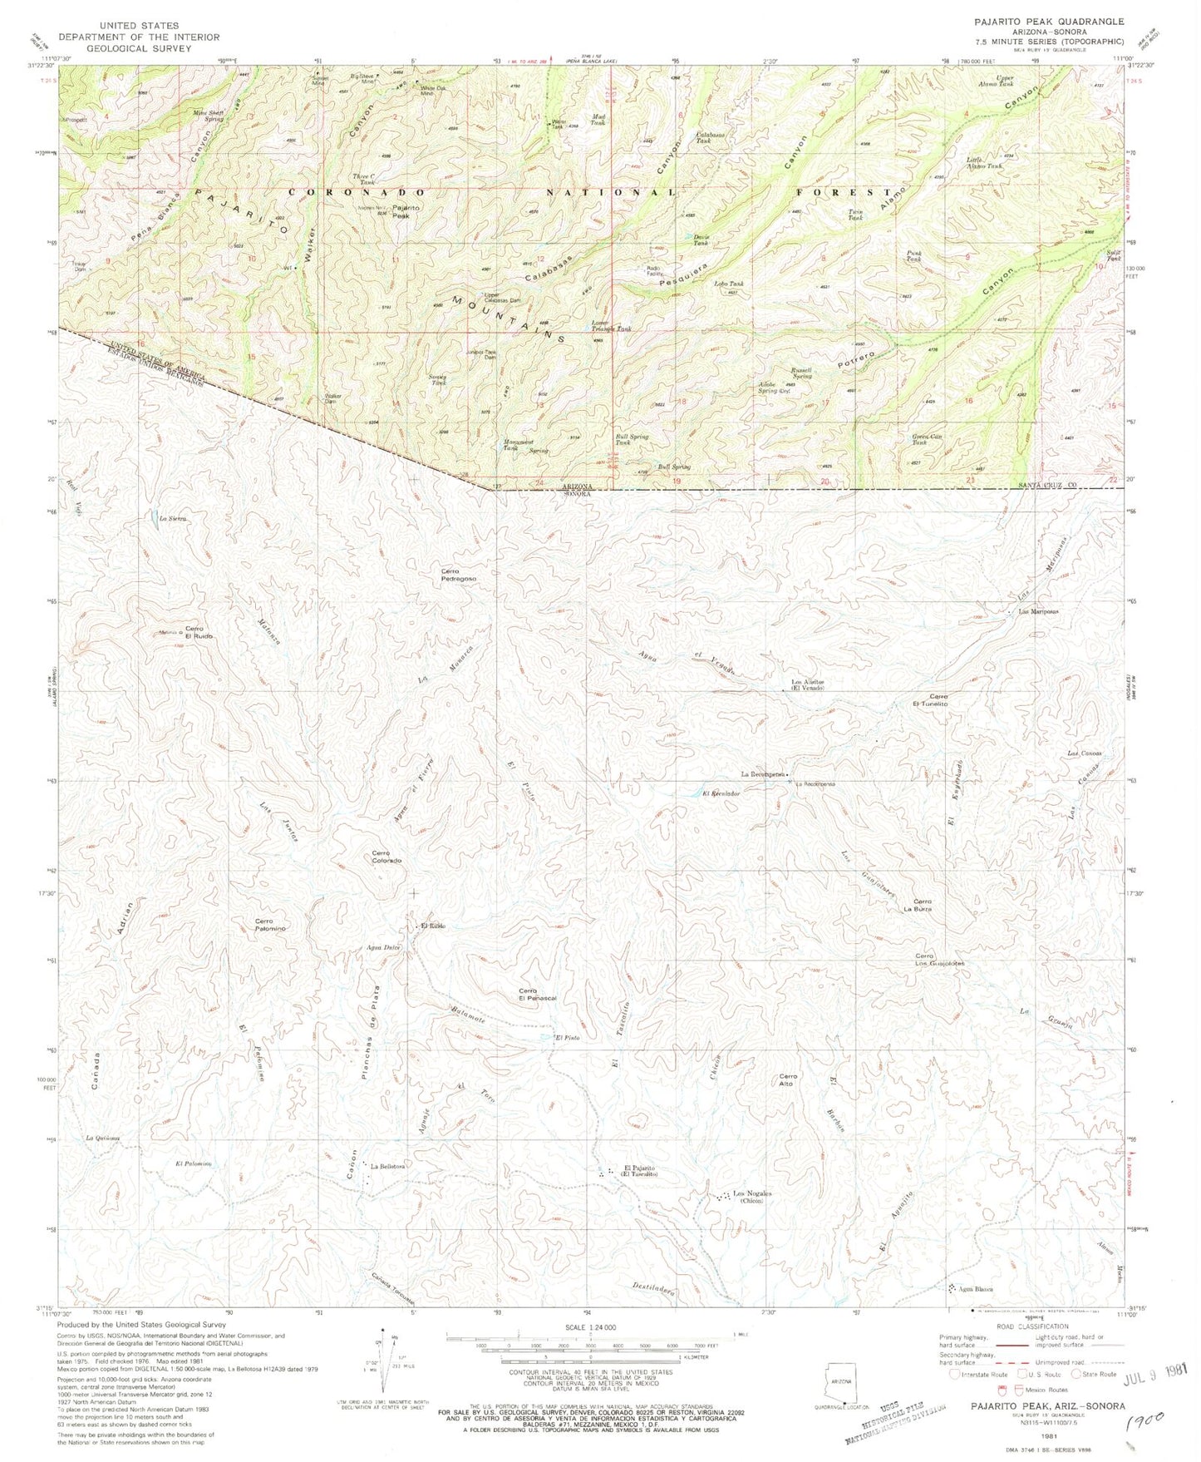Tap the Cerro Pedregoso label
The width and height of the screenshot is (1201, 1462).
point(459,575)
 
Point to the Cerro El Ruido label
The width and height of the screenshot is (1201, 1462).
point(199,631)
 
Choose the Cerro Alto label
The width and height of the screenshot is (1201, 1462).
point(788,1080)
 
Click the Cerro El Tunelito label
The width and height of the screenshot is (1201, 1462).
point(938,699)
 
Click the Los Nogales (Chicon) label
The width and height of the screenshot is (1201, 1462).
point(752,1198)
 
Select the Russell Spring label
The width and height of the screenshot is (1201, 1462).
point(802,371)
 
